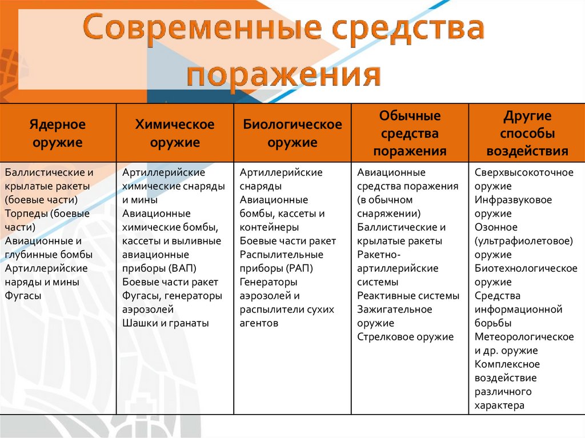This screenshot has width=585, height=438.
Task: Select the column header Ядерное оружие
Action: pos(58,133)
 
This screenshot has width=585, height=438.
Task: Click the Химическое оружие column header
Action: pos(175,133)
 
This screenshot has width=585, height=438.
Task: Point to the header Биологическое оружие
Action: pos(292,133)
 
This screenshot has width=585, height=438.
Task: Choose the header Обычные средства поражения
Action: pos(410,133)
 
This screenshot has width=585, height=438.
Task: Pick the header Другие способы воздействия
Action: pos(527,133)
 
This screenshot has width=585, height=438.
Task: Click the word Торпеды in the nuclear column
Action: pos(25,214)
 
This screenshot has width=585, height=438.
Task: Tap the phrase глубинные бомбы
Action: pos(48,255)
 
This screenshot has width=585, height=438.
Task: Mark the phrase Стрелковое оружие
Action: pos(405,337)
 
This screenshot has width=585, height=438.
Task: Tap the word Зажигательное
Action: pos(395,310)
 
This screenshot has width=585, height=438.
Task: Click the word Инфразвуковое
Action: pos(513,200)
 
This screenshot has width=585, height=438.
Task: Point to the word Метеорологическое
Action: pos(524,337)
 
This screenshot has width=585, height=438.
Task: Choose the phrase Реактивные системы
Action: pos(408,296)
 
